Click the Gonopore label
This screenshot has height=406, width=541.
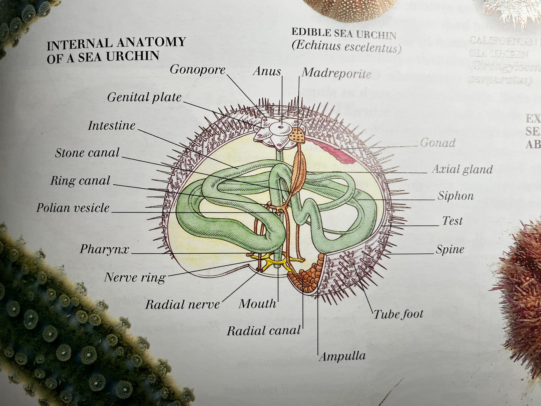point(197,70)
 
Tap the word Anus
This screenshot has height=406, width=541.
point(267,71)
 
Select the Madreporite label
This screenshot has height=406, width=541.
point(336,73)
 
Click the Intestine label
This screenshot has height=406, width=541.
point(111,126)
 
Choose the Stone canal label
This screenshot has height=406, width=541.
point(87,153)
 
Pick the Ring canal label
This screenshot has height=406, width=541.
point(80,181)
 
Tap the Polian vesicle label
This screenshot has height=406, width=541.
point(73,208)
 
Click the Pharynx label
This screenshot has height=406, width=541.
point(104,249)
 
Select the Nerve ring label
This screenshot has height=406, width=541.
point(135,277)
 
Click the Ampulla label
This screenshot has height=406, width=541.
point(342,356)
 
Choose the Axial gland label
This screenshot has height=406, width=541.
point(462,169)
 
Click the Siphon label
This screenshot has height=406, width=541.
point(456,196)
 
